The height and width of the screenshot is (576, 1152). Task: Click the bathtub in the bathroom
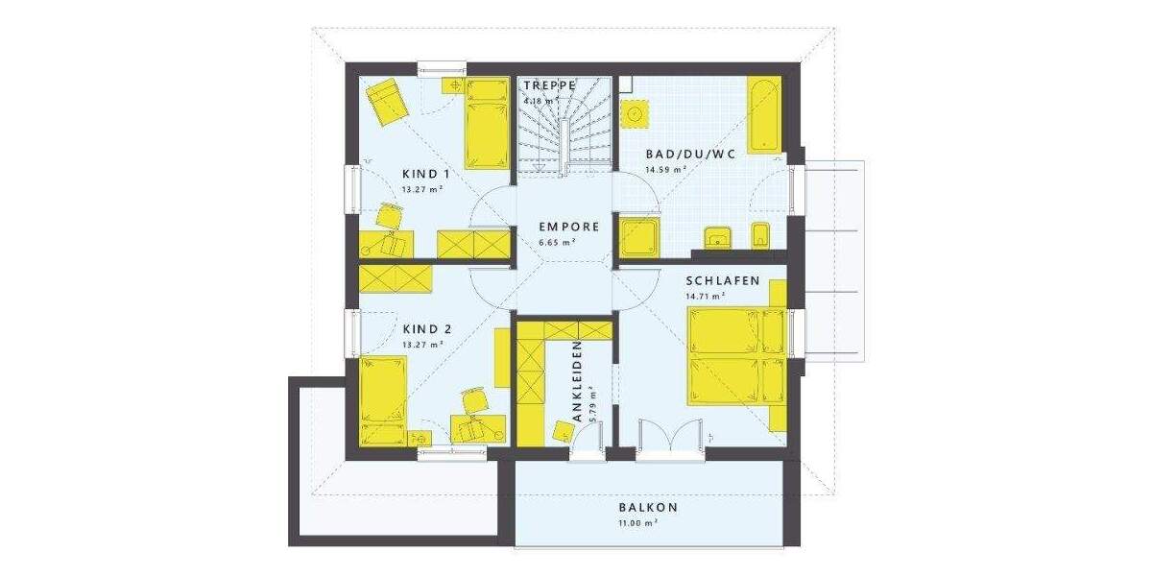click(764, 114)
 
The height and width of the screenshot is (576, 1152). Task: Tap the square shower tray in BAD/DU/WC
click(636, 235)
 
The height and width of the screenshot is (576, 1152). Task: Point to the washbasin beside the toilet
click(717, 236)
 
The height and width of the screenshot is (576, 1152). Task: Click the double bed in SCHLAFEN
click(736, 356)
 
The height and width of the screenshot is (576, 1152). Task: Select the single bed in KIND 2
click(383, 399)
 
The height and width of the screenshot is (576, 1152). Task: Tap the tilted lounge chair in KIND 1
click(387, 102)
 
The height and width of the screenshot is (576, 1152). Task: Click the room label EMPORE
click(568, 228)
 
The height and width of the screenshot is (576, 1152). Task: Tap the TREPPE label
click(549, 85)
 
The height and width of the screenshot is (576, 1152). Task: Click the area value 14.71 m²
click(705, 298)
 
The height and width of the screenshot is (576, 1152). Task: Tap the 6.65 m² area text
click(557, 244)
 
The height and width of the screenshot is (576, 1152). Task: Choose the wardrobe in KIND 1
click(472, 243)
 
